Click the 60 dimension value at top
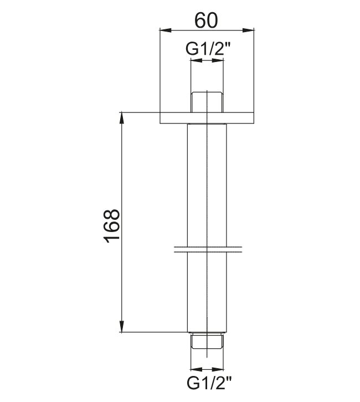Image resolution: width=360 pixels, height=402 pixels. point(207,20)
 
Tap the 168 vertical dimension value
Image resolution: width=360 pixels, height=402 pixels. point(112,226)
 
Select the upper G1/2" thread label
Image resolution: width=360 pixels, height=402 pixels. point(208,49)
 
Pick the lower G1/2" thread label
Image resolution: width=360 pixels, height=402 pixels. point(209,383)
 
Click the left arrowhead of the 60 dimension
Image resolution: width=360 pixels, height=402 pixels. point(166,30)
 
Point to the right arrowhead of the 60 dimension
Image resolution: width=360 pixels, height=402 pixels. point(248,30)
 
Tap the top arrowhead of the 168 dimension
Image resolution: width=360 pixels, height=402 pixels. point(122,118)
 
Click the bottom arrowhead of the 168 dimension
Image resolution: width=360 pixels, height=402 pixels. point(122,327)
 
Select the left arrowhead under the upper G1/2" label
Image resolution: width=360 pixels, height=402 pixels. point(197,60)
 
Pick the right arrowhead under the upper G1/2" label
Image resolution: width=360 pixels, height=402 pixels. point(218,60)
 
